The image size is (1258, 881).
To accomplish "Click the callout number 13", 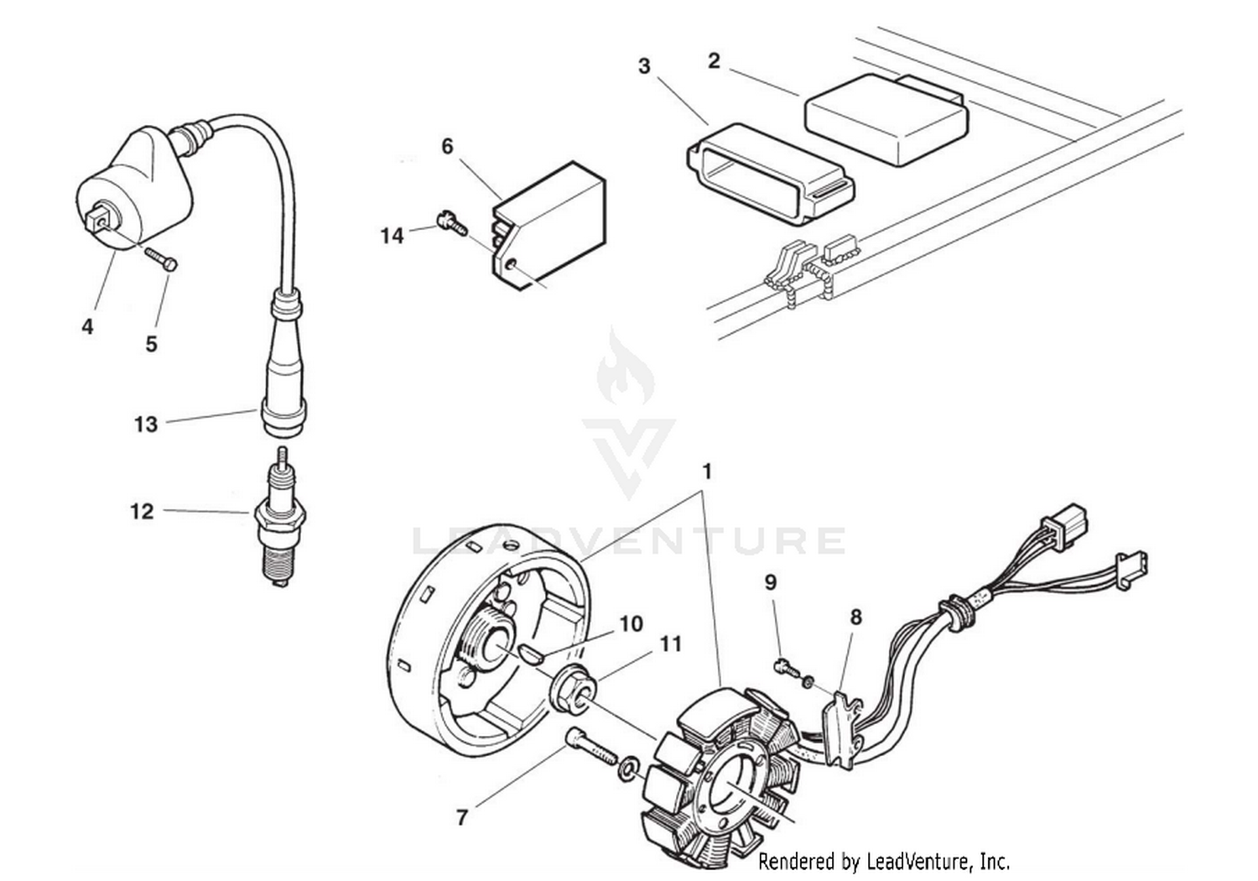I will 146,424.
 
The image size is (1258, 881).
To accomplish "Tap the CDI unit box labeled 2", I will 885,122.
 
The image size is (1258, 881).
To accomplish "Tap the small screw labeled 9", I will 783,667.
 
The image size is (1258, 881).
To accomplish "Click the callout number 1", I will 707,472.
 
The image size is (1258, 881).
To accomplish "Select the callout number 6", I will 447,147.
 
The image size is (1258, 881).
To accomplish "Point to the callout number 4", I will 87,327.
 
